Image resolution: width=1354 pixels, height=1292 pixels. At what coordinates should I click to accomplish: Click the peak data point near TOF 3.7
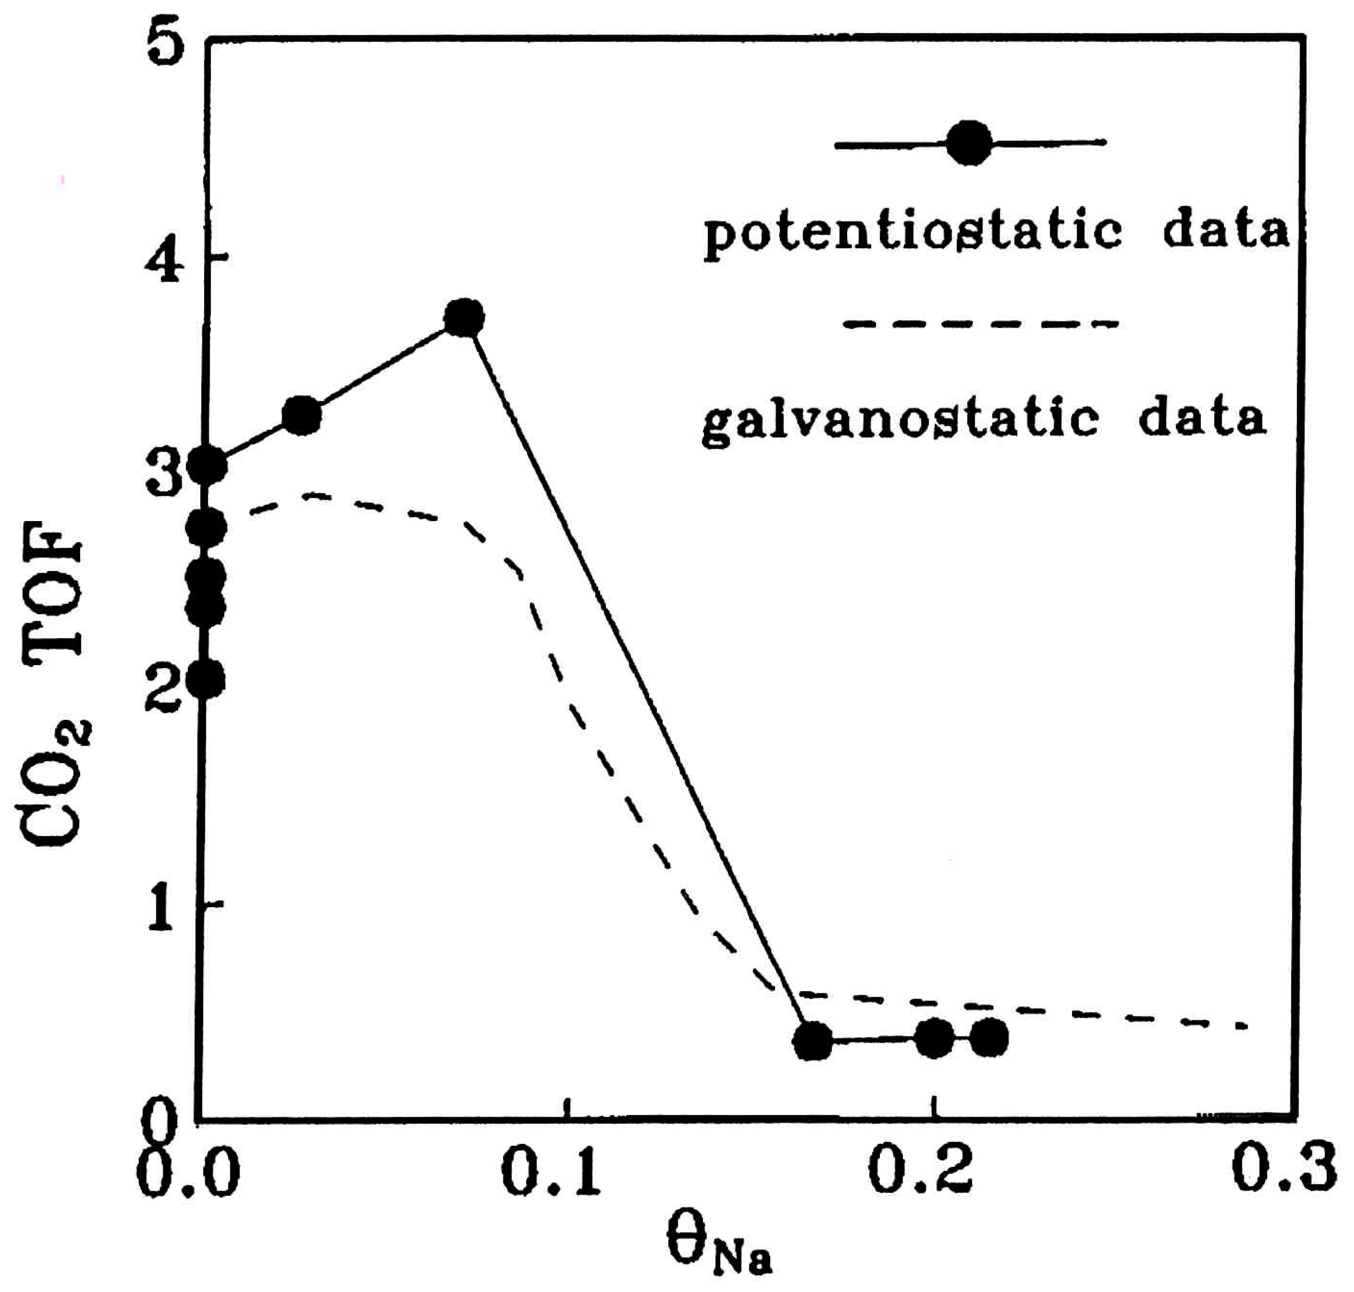(x=464, y=318)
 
